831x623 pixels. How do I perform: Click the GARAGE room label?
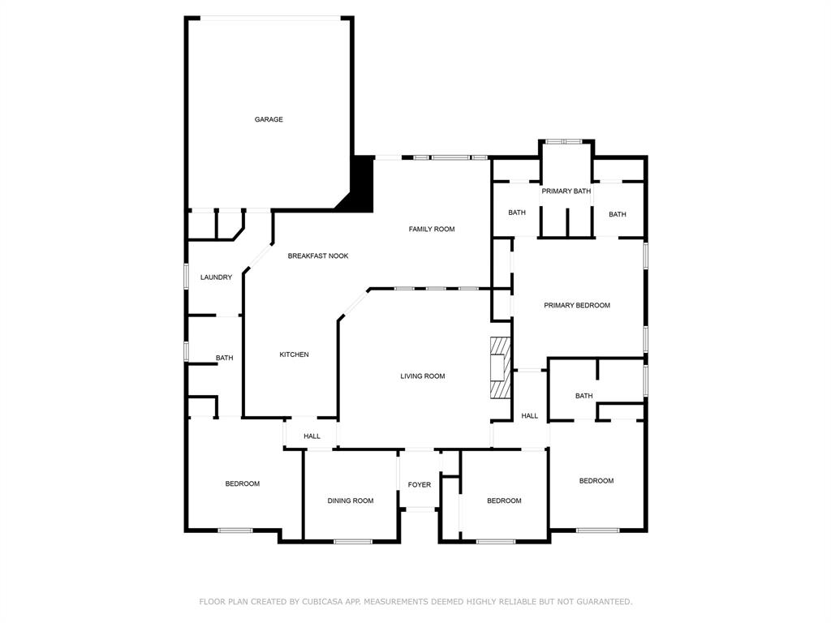pos(269,119)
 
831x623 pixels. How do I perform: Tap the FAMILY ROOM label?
pos(431,230)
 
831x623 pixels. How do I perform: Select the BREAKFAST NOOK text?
pos(318,256)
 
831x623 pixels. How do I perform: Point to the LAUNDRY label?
pos(216,277)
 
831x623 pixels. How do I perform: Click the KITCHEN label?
pos(294,354)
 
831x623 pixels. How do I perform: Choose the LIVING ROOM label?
pos(422,376)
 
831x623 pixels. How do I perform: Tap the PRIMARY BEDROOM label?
pos(576,306)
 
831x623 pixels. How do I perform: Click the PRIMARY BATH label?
pos(566,191)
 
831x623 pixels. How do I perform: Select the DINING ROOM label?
pos(351,501)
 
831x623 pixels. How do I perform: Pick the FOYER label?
pos(420,485)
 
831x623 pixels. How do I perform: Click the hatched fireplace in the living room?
pos(500,367)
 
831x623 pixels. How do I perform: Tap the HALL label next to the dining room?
pos(312,436)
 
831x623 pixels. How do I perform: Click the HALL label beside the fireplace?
pos(529,416)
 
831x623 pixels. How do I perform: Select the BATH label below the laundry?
pos(224,359)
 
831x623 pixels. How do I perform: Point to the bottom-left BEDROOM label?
pos(242,484)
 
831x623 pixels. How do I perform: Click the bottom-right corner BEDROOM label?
pos(596,481)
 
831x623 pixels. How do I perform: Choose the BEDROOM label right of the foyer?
pos(504,501)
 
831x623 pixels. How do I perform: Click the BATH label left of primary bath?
pos(517,213)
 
